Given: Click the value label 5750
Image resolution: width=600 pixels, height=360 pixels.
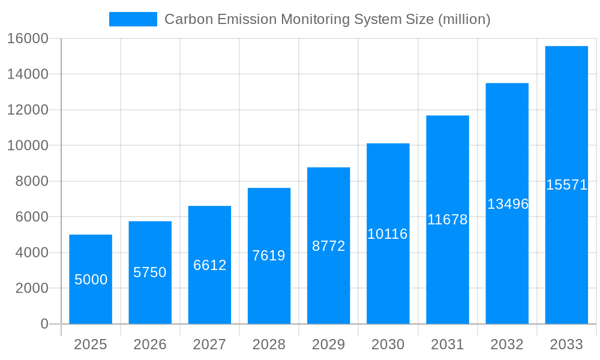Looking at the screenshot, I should point(150,272).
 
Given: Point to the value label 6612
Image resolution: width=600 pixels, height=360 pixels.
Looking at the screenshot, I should point(209,265).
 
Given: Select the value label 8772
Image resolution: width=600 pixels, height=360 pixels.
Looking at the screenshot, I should point(328,246).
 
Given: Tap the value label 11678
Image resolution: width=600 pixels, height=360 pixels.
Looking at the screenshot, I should point(447,220).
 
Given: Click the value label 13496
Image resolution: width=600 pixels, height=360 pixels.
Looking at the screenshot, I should point(508,204).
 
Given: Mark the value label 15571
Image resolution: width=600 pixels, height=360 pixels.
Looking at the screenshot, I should point(566,185).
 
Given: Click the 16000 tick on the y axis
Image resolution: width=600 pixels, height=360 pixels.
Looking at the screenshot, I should point(27,38).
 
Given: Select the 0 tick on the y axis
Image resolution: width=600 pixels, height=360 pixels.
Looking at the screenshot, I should point(44,324).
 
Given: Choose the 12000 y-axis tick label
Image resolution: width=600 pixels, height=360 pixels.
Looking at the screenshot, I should point(27,110).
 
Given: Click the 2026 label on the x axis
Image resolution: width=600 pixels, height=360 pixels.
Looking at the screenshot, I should point(150,344).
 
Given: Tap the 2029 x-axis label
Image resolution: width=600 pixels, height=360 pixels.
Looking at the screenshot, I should point(328,344).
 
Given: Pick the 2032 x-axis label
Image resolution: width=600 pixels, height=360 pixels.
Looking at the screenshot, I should point(507,344).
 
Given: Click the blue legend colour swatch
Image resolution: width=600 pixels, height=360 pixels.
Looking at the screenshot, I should point(133,19).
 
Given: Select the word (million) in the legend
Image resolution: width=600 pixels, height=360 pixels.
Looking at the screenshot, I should point(464,19).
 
